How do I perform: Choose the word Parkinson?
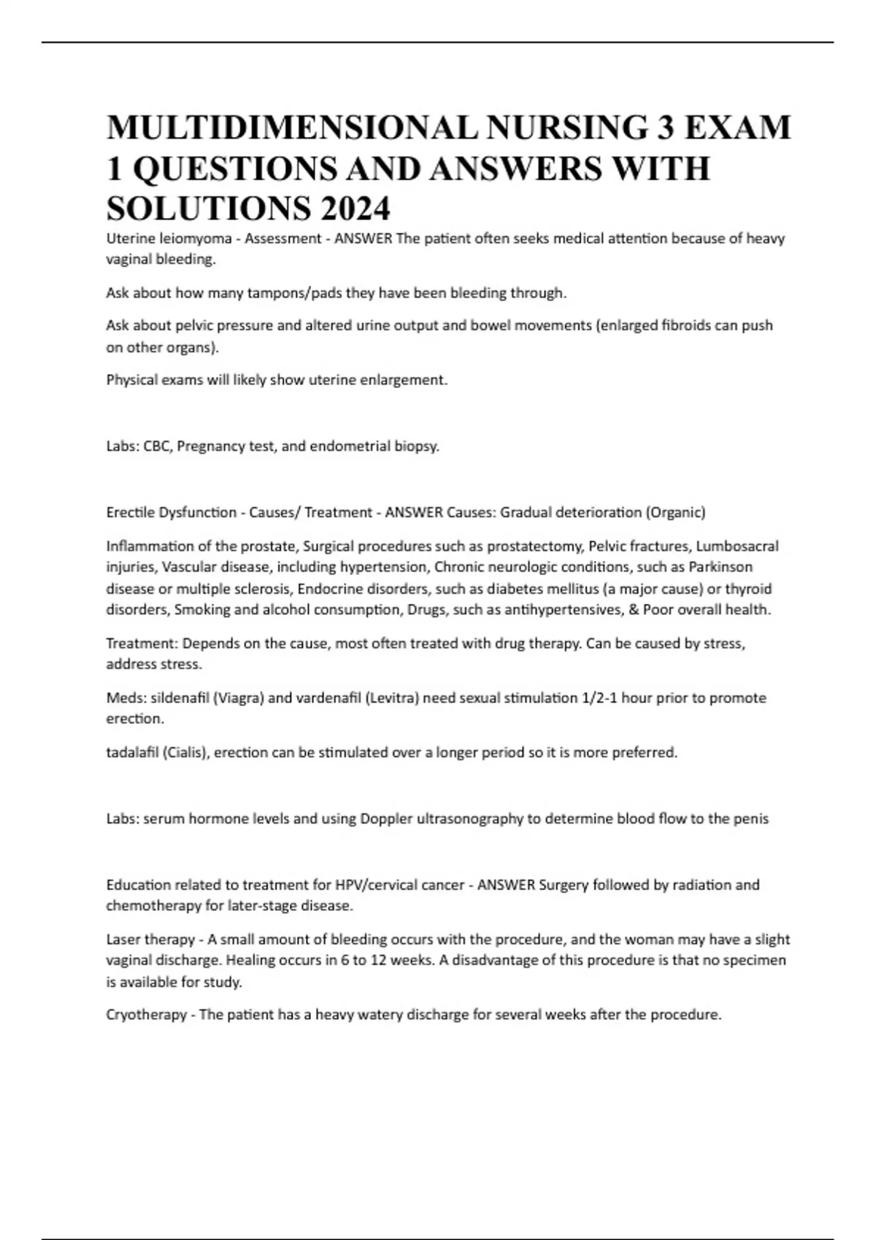(721, 567)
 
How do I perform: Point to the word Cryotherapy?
(146, 1015)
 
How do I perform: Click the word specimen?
(755, 961)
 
